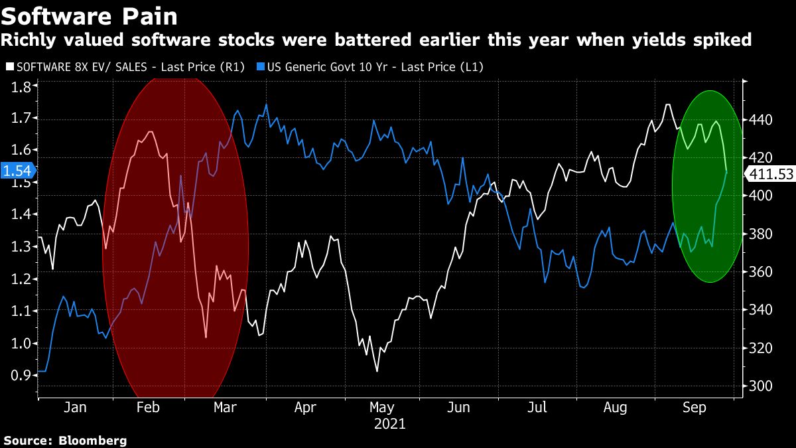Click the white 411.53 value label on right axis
pyautogui.click(x=770, y=175)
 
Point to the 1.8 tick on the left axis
pyautogui.click(x=20, y=86)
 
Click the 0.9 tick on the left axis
pyautogui.click(x=20, y=376)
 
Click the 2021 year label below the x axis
pyautogui.click(x=390, y=423)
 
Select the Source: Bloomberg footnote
pyautogui.click(x=65, y=440)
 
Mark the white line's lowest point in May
pyautogui.click(x=377, y=371)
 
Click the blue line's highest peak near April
pyautogui.click(x=266, y=104)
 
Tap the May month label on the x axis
pyautogui.click(x=382, y=408)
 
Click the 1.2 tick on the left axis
pyautogui.click(x=20, y=279)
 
